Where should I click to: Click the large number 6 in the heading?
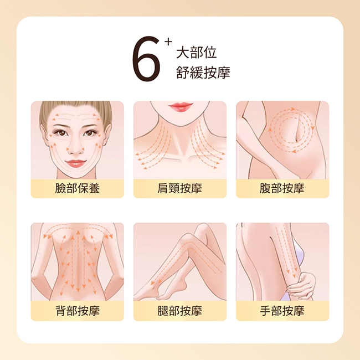146,59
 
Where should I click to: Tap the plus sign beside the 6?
168,42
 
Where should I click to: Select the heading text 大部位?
196,53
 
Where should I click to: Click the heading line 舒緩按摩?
203,73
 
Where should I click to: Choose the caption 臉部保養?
78,188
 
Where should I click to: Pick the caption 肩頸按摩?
180,188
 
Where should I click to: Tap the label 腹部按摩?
282,188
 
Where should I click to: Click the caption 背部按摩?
78,311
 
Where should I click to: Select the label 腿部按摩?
180,311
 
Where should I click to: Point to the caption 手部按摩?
282,311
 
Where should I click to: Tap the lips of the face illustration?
76,163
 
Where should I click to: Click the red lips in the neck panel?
180,106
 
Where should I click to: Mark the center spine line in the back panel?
78,261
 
